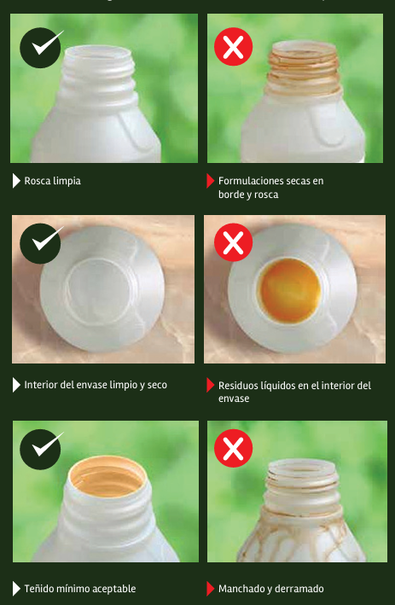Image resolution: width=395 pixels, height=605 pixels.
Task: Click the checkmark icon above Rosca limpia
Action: (x=40, y=48)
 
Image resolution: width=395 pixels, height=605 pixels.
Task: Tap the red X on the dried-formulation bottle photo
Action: (x=234, y=47)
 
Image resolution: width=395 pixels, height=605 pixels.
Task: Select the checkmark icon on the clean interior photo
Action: (x=40, y=243)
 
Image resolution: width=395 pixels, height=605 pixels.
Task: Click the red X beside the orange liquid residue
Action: (x=234, y=242)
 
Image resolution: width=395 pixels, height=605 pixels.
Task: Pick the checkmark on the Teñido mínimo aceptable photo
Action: (x=40, y=449)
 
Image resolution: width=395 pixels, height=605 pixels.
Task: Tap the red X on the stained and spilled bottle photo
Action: (x=234, y=448)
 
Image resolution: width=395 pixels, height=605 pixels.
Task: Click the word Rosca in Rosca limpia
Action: (x=37, y=181)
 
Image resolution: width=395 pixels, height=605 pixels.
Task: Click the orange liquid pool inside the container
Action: (x=289, y=290)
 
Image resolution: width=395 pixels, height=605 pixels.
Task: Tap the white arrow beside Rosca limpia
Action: (x=16, y=181)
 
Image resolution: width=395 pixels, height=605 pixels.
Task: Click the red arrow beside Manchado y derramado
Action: (x=210, y=589)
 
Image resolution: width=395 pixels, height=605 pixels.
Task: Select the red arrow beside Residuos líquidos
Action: (x=210, y=385)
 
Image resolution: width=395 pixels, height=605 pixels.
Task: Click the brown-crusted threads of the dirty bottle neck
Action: (x=304, y=72)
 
